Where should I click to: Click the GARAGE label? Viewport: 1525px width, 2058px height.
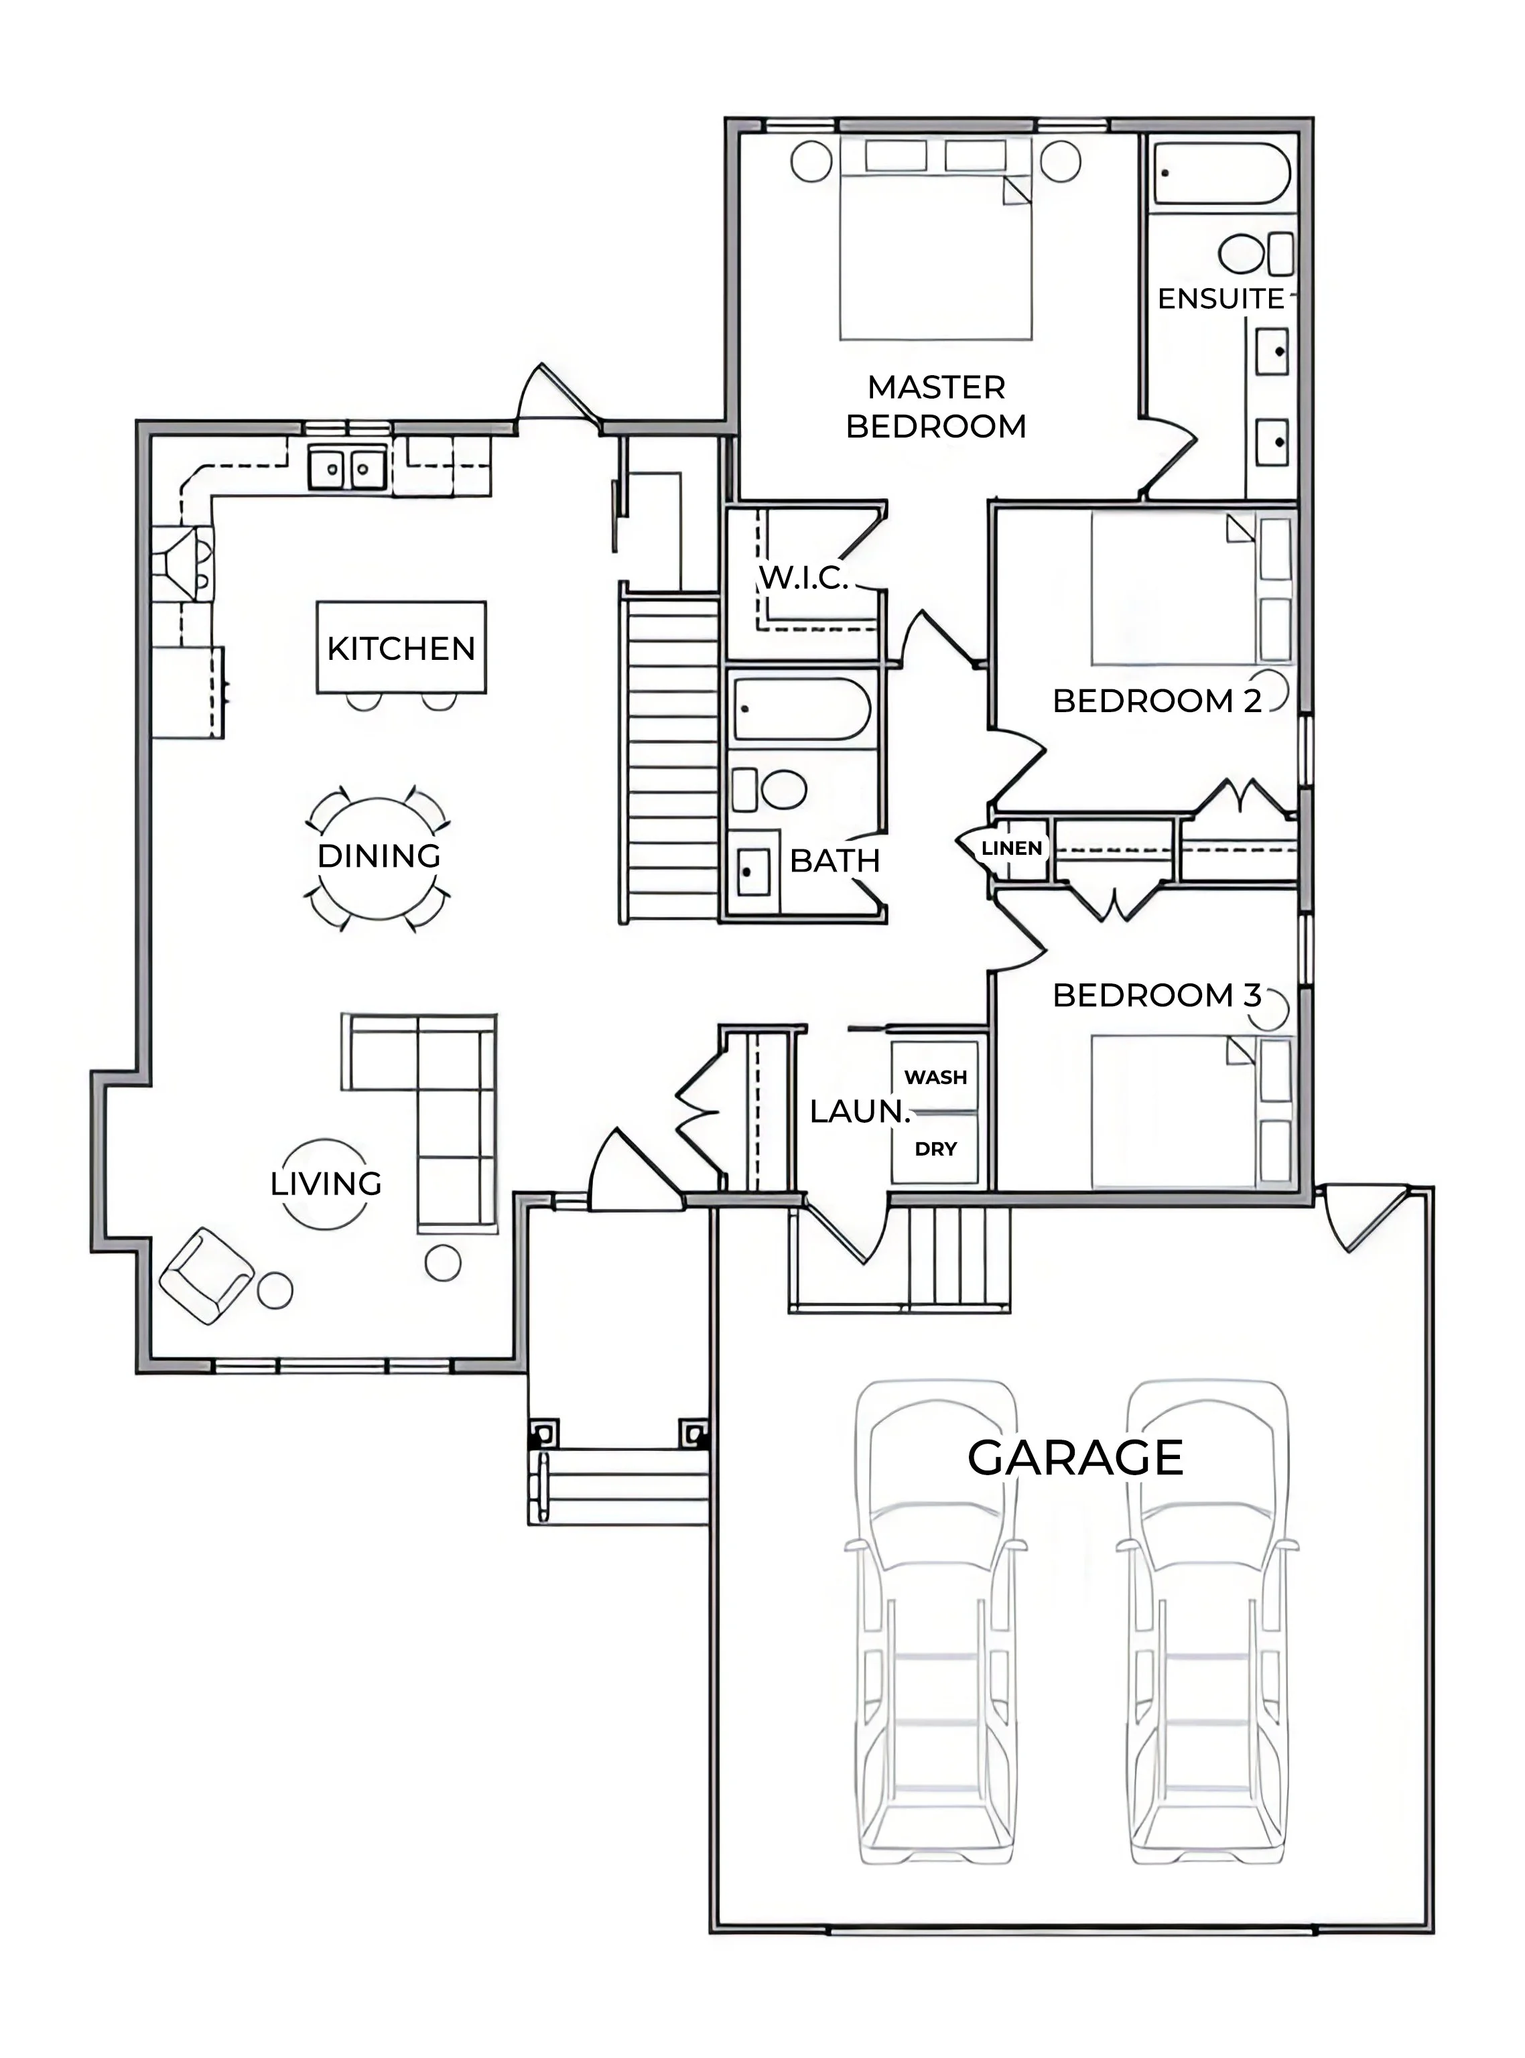[x=1075, y=1457]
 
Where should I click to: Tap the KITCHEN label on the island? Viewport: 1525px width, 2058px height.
[x=401, y=648]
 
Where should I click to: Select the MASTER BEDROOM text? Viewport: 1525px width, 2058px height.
[x=936, y=407]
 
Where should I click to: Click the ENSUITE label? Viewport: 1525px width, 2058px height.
[x=1220, y=299]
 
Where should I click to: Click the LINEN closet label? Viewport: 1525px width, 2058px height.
[x=1012, y=848]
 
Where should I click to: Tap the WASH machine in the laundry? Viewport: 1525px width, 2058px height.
[x=935, y=1077]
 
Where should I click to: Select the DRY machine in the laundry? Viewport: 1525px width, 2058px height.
[x=935, y=1149]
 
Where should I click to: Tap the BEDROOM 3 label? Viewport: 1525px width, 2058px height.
[x=1156, y=995]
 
